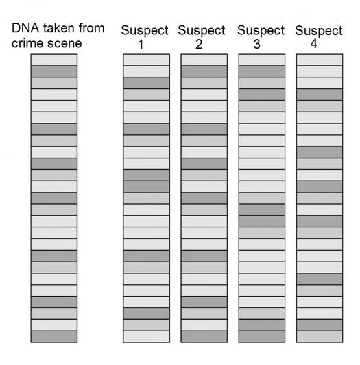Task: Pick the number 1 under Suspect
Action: [141, 45]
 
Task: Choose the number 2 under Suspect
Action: [199, 45]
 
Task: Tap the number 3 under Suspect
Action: [256, 45]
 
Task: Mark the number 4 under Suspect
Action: [314, 44]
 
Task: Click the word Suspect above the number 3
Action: [261, 31]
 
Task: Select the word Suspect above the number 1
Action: [145, 31]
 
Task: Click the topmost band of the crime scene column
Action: [54, 60]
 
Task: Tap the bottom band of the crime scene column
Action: [54, 336]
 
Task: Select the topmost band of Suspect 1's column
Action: [147, 60]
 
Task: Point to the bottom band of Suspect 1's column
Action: [147, 336]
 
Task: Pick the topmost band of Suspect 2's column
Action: [204, 60]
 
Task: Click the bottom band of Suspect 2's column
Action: [204, 336]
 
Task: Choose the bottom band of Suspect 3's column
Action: [262, 336]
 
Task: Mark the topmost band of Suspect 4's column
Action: [320, 60]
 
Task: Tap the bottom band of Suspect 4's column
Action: [320, 336]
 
